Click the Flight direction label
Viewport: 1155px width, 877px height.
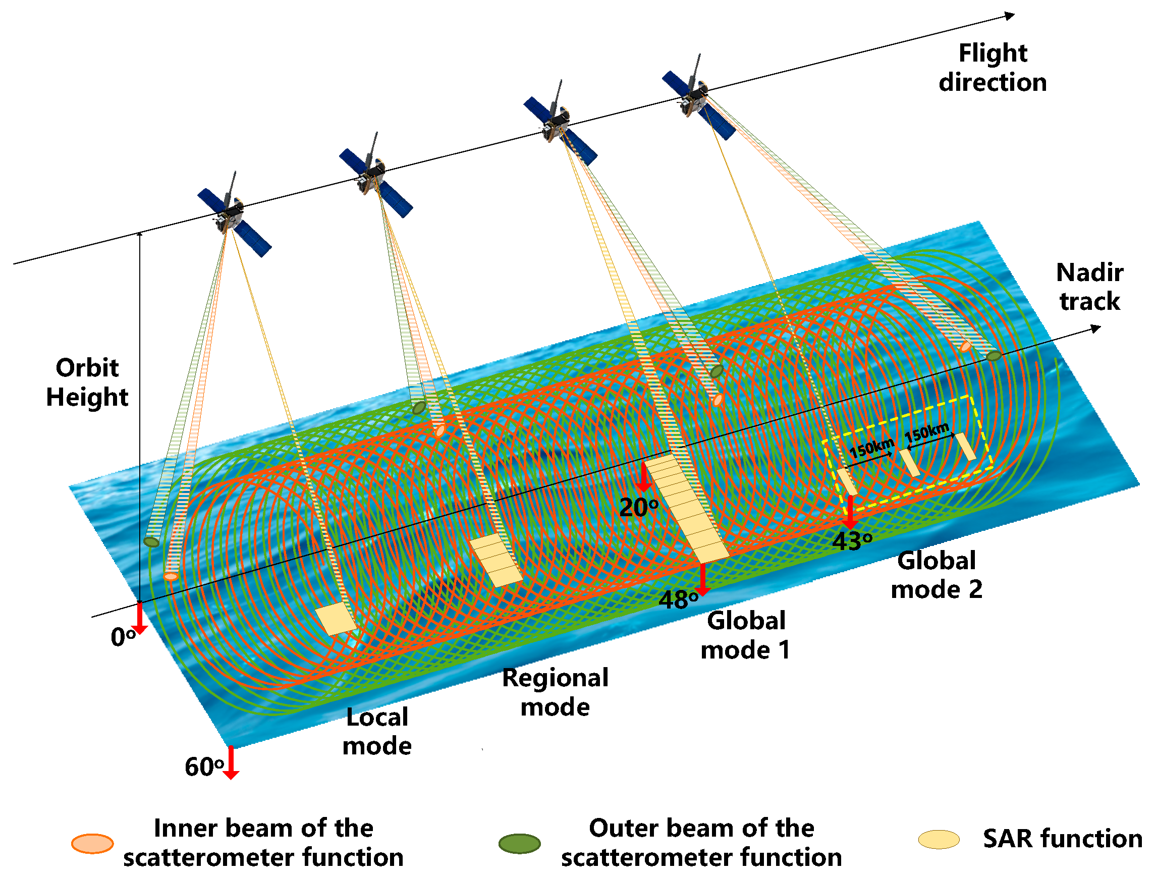tap(992, 68)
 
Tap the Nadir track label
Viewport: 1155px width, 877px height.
tap(1089, 287)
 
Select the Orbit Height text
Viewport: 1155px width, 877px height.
tap(87, 382)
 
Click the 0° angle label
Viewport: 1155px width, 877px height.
tap(123, 637)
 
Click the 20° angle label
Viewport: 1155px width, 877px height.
tap(638, 508)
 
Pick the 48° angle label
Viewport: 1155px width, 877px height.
tap(678, 600)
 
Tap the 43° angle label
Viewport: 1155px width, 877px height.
tap(852, 542)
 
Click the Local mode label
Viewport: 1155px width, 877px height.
tap(377, 732)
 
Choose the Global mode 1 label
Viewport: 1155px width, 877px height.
tap(746, 636)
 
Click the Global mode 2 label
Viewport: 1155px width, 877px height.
tap(936, 575)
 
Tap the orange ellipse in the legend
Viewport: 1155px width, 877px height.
tap(92, 844)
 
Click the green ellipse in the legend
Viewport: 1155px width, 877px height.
tap(519, 844)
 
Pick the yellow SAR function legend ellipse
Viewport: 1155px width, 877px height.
tap(939, 840)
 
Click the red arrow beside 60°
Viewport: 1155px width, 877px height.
tap(231, 763)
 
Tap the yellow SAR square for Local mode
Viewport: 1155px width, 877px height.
tap(335, 619)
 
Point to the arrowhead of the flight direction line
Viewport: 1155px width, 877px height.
tap(1010, 16)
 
